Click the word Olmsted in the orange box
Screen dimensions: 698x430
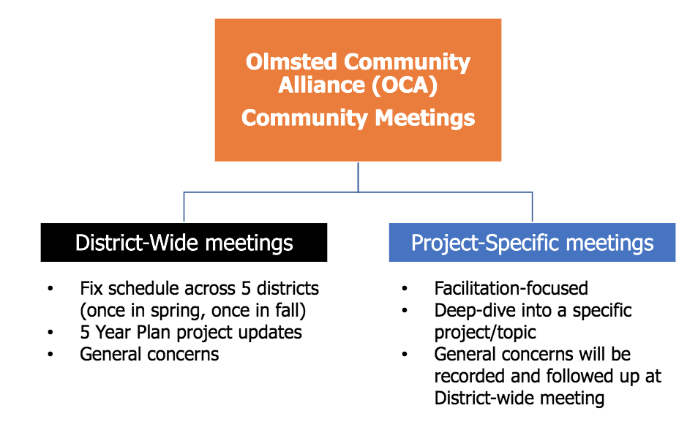[x=291, y=62]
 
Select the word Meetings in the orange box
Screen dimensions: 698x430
[x=424, y=118]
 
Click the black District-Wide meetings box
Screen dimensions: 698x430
[x=184, y=243]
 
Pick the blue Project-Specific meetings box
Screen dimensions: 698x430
[x=533, y=243]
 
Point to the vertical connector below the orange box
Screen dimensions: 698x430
[x=358, y=177]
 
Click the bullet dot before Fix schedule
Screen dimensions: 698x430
[x=50, y=289]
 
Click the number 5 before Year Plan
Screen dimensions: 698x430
[x=85, y=333]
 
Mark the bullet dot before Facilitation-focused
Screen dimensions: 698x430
[x=405, y=289]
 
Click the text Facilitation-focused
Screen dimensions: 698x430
[x=511, y=288]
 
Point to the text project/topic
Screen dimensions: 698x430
[x=485, y=333]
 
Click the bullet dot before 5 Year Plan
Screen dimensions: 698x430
[x=50, y=333]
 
